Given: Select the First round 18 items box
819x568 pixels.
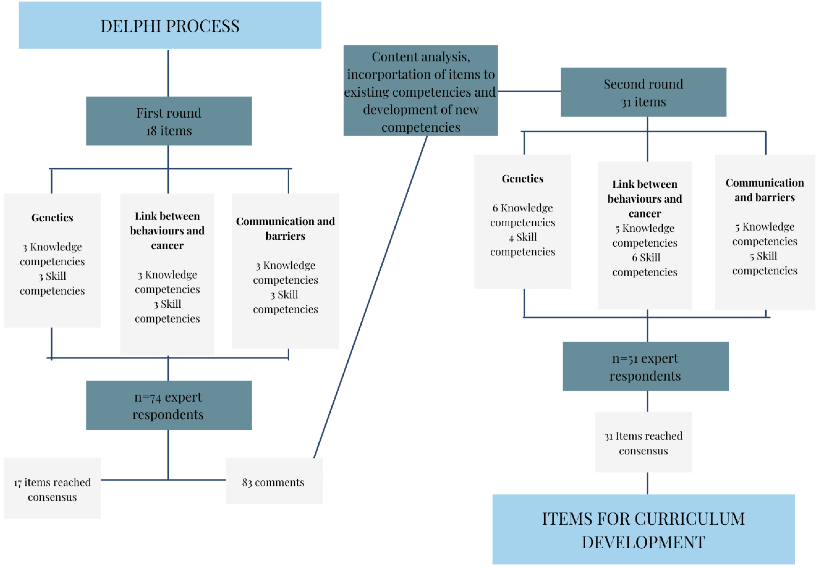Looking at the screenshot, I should [x=168, y=121].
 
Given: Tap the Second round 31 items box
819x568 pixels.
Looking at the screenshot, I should [x=643, y=92].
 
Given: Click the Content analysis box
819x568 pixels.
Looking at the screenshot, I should [x=420, y=91].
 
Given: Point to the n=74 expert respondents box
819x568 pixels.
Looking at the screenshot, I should [x=168, y=405].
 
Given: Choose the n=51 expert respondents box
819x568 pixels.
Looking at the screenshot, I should [x=645, y=366].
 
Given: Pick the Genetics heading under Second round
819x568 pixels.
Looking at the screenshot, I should [x=522, y=178].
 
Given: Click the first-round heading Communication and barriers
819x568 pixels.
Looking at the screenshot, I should [x=285, y=228].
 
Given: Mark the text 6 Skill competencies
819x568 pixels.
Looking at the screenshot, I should [x=644, y=264].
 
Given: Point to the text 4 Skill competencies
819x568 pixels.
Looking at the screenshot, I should [x=522, y=244].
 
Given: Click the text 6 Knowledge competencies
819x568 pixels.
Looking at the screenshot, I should [x=522, y=215].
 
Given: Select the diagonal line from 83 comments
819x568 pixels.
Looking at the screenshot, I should [x=370, y=297].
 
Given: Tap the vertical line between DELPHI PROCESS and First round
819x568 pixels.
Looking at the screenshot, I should [x=168, y=73].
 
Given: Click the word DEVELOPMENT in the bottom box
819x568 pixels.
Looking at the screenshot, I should [x=643, y=542].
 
